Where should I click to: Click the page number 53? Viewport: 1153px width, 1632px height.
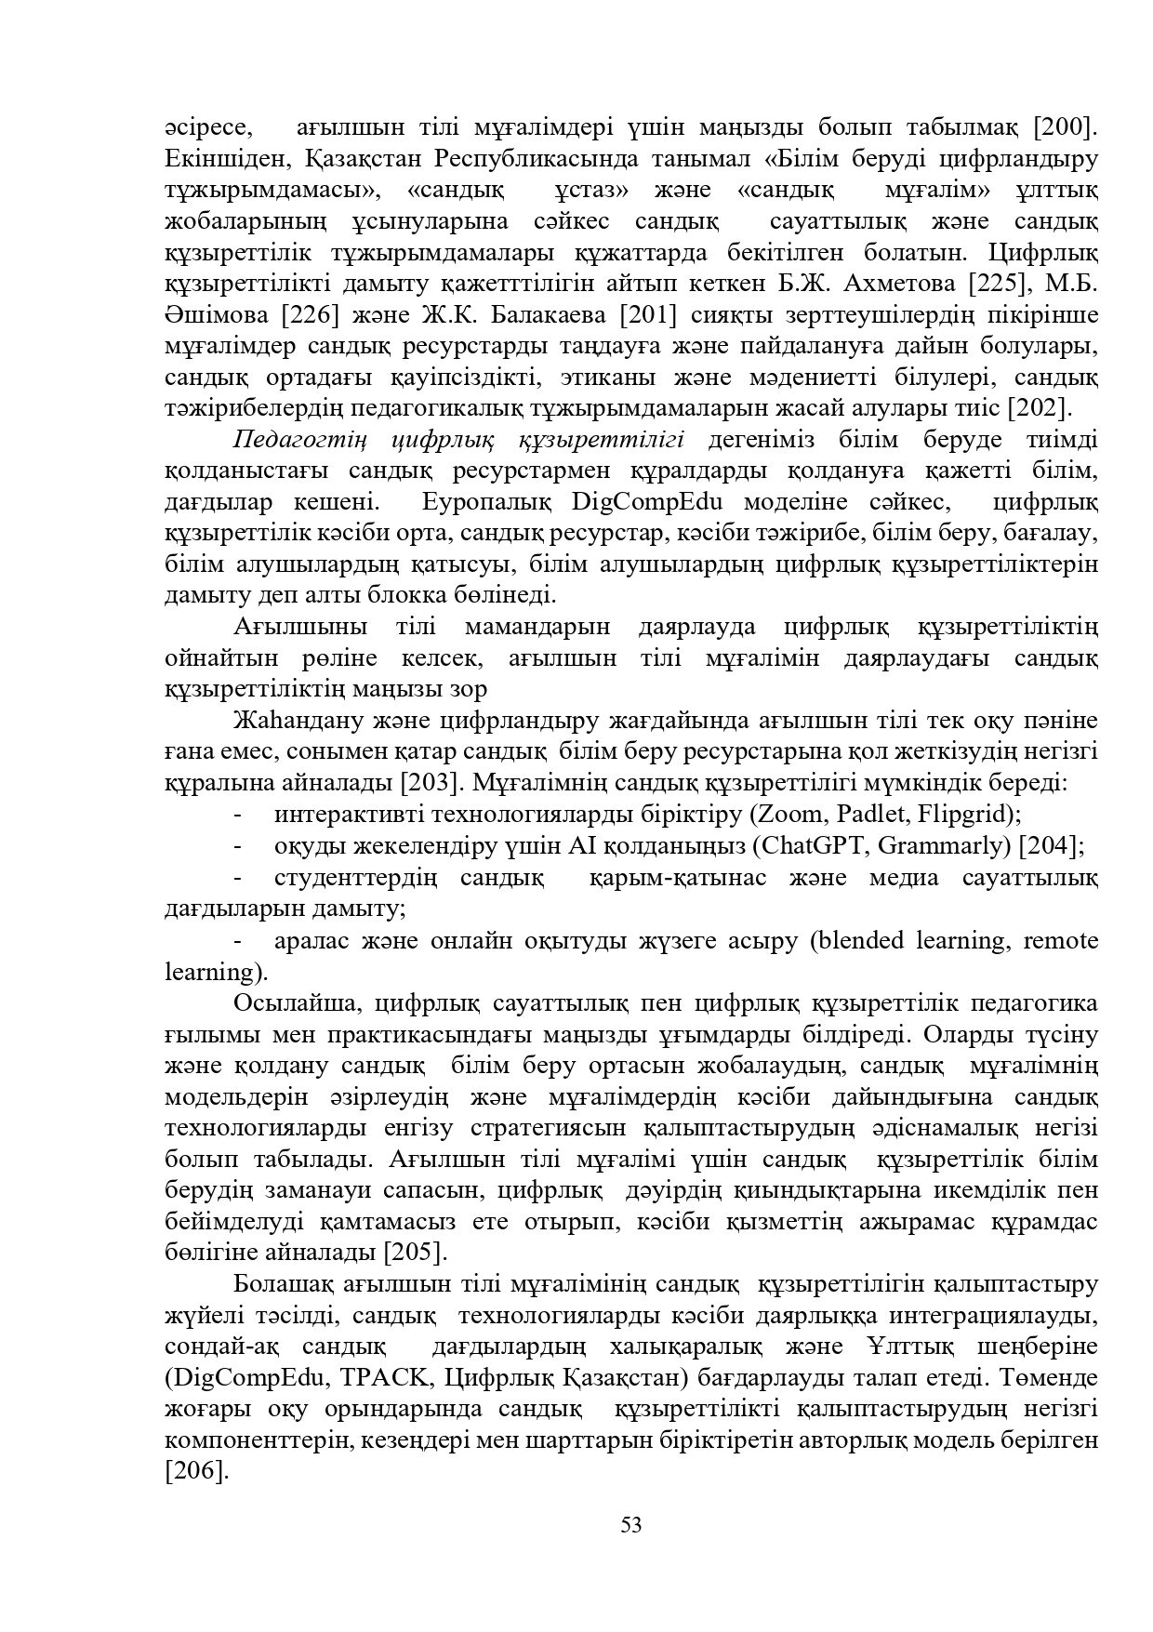631,1525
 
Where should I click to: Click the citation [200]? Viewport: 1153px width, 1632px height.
1067,127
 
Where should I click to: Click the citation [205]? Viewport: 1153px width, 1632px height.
416,1252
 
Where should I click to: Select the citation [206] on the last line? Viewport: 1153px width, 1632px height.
196,1471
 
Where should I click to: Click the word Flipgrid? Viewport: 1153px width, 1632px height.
964,815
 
